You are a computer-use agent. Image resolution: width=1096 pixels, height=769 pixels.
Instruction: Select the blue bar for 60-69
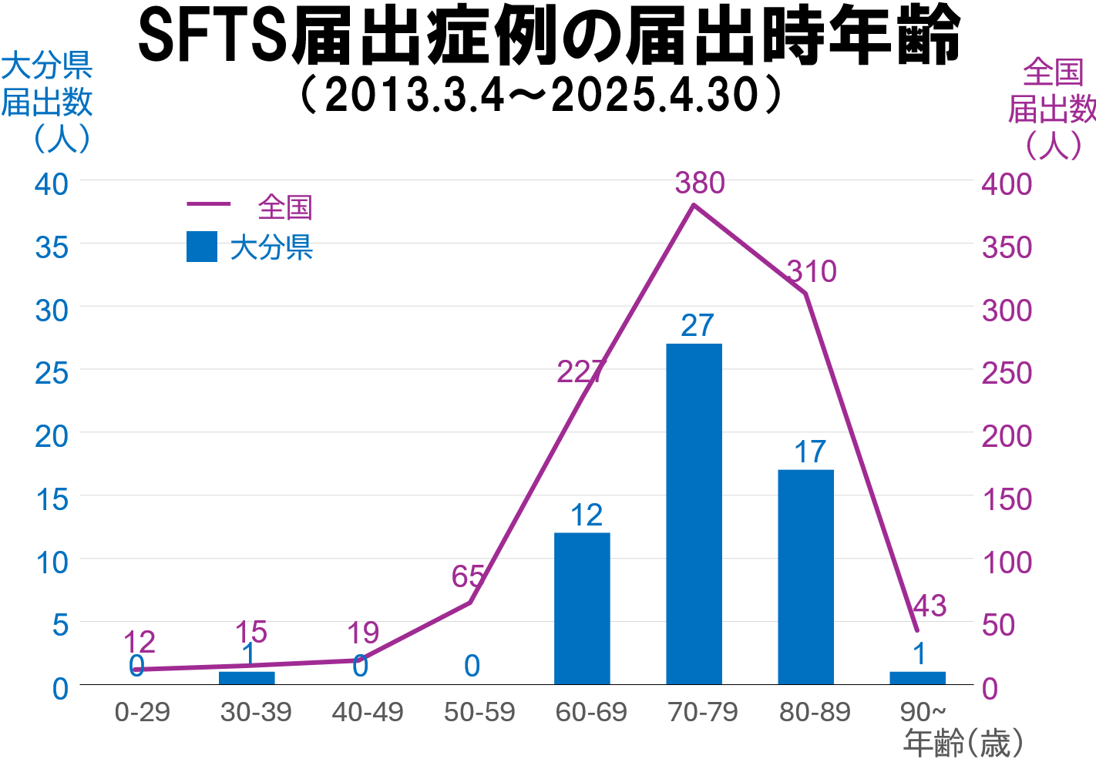[582, 608]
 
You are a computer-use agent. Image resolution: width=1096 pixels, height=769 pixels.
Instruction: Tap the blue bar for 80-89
[805, 576]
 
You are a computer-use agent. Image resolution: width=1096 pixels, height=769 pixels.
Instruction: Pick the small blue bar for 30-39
[247, 678]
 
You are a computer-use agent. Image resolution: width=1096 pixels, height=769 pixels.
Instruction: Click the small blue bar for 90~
[917, 678]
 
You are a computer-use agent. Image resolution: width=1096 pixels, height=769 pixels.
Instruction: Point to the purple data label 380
[700, 183]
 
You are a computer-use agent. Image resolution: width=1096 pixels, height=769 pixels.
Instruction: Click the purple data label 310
[812, 272]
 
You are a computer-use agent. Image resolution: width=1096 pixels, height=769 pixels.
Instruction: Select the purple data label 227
[581, 372]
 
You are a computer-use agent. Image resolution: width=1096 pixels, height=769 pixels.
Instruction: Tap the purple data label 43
[930, 606]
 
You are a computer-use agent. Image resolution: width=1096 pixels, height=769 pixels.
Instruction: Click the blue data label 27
[698, 326]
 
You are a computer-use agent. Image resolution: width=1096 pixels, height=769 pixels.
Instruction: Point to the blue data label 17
[810, 452]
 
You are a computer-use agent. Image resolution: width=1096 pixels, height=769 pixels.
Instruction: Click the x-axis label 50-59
[479, 712]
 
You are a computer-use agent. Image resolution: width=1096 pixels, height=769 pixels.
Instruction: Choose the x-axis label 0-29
[143, 712]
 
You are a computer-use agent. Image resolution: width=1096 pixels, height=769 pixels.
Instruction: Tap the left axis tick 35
[52, 247]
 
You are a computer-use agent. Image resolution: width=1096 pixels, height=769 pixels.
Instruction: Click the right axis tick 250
[1007, 373]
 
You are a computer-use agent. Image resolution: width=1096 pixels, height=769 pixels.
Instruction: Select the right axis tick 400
[1007, 184]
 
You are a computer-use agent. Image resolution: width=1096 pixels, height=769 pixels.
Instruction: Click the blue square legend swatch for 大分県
[202, 247]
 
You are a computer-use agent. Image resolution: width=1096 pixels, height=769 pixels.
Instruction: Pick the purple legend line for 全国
[208, 204]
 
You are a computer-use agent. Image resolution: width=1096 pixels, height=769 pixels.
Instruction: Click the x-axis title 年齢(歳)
[963, 744]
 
